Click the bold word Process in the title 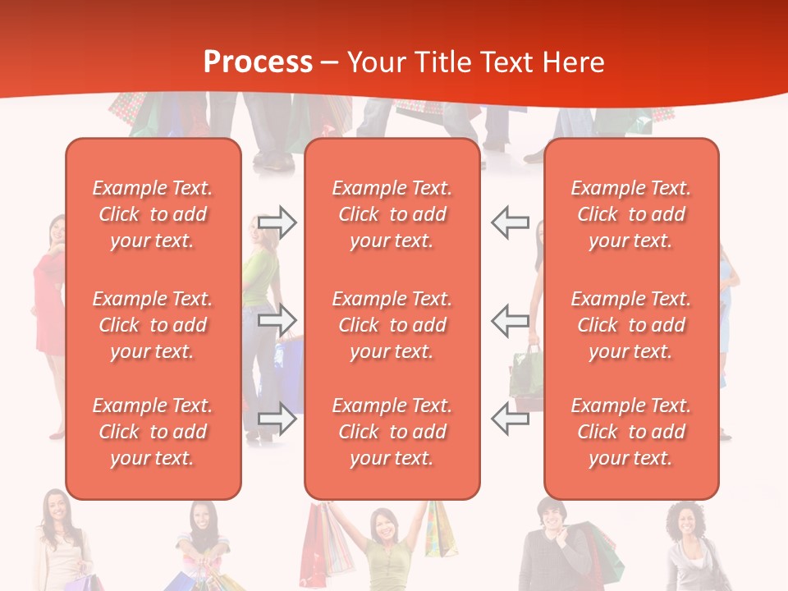[x=258, y=62]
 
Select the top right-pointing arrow [x=277, y=222]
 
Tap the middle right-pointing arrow [x=277, y=319]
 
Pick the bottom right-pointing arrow [x=277, y=419]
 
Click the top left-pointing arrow [x=511, y=222]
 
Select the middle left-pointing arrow [x=511, y=319]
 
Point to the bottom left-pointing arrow [x=511, y=419]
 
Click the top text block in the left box [x=153, y=214]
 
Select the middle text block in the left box [x=153, y=325]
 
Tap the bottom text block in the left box [x=153, y=432]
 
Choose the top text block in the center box [x=392, y=214]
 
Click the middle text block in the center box [x=392, y=325]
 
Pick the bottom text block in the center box [x=392, y=432]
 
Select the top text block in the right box [x=630, y=214]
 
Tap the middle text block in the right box [x=630, y=325]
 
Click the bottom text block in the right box [x=630, y=432]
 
